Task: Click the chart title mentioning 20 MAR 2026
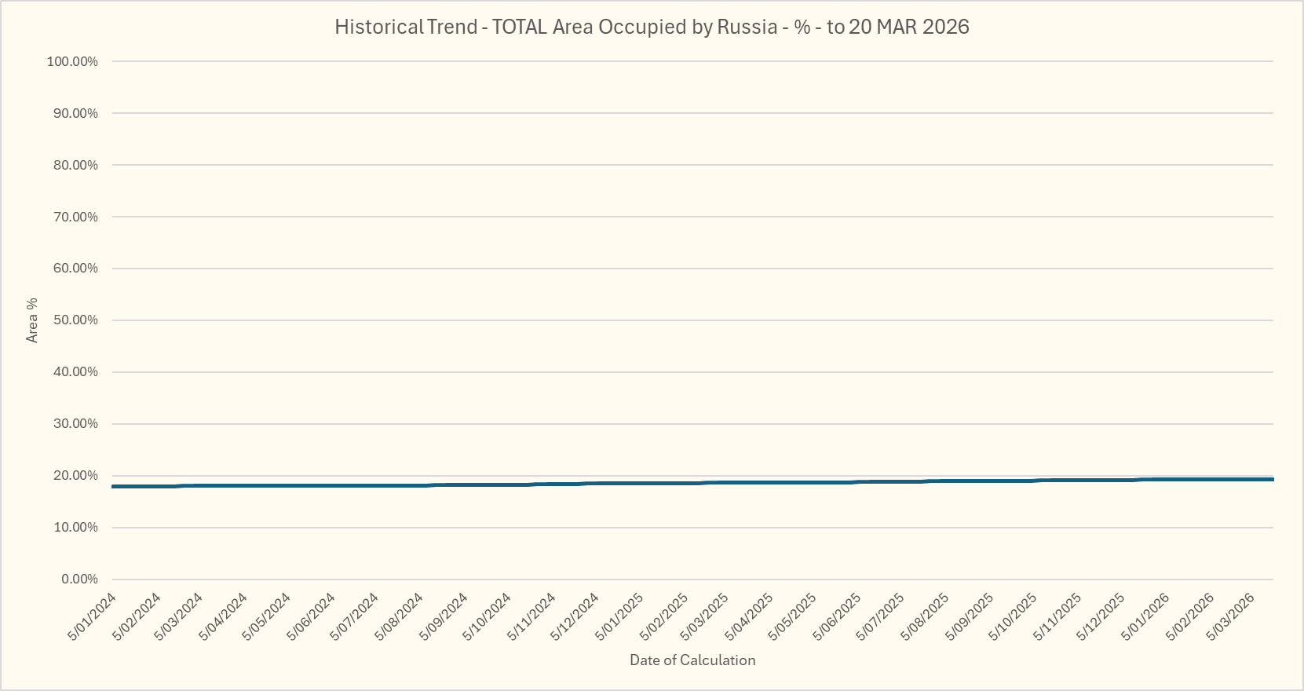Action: click(652, 27)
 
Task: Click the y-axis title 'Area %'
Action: click(32, 320)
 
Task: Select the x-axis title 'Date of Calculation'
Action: click(692, 660)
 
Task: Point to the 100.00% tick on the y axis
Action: click(72, 61)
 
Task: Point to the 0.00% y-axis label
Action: click(79, 579)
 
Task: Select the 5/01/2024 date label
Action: click(93, 617)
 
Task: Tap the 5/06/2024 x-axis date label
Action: click(312, 617)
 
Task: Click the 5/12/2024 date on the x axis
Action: click(575, 617)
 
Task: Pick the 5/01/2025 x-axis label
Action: click(620, 617)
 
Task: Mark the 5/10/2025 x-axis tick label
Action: click(1013, 617)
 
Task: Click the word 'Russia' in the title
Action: click(747, 27)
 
